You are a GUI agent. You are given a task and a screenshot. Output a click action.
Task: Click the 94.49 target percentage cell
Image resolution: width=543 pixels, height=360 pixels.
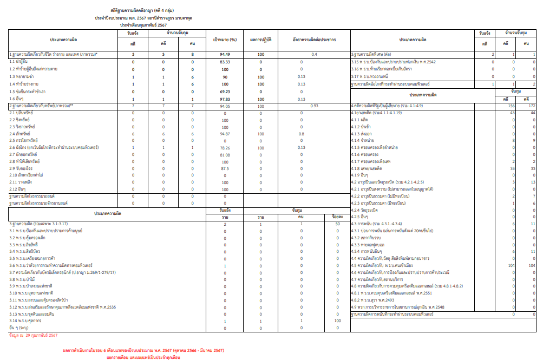(x=225, y=55)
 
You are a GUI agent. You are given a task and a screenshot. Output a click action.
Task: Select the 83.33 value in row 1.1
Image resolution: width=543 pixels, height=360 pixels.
(x=225, y=62)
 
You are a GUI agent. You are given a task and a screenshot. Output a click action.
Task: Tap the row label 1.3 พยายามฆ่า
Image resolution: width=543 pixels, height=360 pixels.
(x=23, y=76)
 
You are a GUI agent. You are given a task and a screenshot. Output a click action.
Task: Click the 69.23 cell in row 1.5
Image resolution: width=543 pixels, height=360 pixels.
(x=225, y=91)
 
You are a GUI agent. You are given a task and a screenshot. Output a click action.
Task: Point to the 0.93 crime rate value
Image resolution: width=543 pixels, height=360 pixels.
(x=314, y=106)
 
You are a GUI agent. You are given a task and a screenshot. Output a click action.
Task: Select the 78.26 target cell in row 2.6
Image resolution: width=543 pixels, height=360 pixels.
(x=225, y=147)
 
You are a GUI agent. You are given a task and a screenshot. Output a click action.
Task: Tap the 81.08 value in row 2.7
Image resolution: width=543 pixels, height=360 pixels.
(x=225, y=154)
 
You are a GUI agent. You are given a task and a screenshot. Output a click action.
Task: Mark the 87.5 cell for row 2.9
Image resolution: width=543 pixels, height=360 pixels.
(x=225, y=168)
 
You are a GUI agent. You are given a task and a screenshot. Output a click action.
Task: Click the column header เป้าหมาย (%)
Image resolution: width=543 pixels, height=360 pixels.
(x=225, y=40)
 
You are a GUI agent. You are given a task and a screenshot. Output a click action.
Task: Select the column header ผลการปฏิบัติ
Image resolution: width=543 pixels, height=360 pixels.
(x=261, y=40)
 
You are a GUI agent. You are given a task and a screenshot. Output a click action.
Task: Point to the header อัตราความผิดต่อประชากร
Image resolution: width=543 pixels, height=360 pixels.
(x=314, y=40)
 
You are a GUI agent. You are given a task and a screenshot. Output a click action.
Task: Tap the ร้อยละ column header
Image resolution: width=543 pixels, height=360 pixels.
(x=337, y=217)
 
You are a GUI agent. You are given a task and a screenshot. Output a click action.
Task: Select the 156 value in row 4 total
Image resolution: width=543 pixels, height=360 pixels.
(x=510, y=106)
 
